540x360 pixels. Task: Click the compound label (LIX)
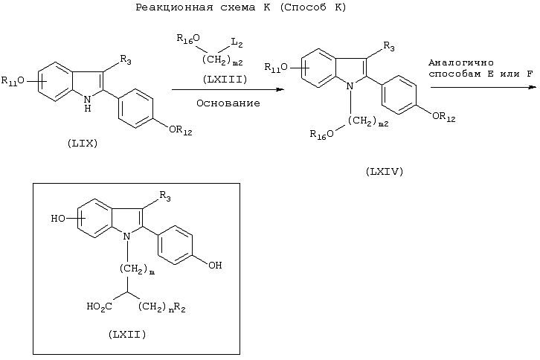[83, 144]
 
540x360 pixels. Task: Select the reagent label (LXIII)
[225, 80]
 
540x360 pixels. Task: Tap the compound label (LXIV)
[385, 171]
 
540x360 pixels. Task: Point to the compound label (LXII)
[127, 334]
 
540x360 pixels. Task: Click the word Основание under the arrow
[228, 103]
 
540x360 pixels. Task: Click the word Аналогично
[461, 62]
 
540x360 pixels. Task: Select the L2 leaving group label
[237, 42]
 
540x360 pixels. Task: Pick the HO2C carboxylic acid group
[99, 306]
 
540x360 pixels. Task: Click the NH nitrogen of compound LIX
[88, 103]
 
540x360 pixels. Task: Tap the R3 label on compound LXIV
[389, 46]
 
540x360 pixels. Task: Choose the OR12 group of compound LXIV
[444, 117]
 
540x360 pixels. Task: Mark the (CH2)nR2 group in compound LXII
[162, 306]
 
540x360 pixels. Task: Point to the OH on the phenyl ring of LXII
[215, 265]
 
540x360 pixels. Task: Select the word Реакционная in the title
[174, 7]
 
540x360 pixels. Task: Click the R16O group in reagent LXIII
[188, 39]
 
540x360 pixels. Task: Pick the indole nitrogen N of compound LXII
[127, 237]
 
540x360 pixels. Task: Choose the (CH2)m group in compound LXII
[137, 269]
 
